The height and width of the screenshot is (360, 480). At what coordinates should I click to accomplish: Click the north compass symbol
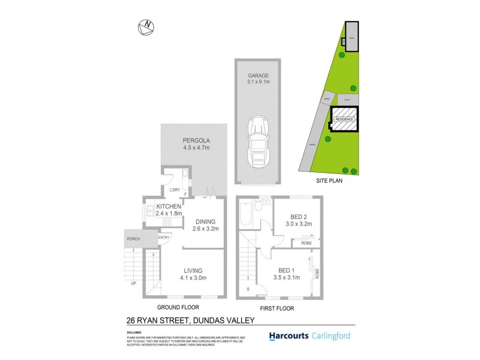145,26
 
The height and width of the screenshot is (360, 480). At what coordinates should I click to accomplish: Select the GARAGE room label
259,76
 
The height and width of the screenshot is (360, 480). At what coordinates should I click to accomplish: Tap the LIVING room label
193,271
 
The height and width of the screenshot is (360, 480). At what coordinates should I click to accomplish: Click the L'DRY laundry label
175,190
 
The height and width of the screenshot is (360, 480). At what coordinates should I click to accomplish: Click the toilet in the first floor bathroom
259,206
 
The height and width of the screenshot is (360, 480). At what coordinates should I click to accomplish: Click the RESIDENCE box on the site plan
344,119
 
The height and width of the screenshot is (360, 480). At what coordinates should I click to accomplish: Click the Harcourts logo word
290,336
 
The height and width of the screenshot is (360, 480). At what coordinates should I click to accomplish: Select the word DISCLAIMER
134,332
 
